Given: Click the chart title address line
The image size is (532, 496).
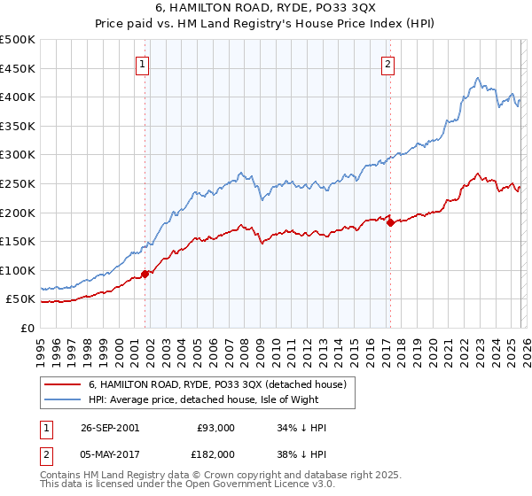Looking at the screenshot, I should click(x=266, y=9).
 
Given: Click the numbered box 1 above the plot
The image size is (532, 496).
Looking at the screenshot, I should click(x=143, y=63).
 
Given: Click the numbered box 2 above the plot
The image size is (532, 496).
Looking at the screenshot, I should click(x=388, y=63).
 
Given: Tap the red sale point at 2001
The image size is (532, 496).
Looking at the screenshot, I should click(x=145, y=273).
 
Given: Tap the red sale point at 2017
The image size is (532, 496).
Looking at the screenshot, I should click(x=390, y=222).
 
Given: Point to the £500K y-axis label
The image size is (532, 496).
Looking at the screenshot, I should click(x=18, y=40).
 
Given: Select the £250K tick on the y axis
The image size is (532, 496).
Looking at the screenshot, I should click(x=18, y=183).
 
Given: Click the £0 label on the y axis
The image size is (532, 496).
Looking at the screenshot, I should click(x=27, y=328).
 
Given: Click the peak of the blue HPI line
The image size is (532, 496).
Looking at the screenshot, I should click(x=477, y=78).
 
